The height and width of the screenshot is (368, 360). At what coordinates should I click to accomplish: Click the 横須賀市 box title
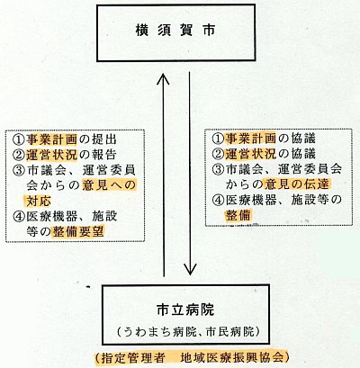(x=175, y=31)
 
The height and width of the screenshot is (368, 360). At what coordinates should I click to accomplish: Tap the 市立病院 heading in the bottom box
(x=185, y=310)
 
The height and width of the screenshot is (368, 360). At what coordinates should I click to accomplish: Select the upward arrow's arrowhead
(x=164, y=78)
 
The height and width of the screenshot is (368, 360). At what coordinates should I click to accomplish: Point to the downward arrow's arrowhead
(x=190, y=269)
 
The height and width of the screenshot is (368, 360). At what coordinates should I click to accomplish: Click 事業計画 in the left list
(x=51, y=139)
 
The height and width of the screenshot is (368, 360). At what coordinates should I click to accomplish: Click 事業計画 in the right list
(x=251, y=139)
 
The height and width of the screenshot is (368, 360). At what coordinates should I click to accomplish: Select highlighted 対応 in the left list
(x=39, y=201)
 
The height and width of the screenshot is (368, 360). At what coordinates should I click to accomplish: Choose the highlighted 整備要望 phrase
(x=78, y=231)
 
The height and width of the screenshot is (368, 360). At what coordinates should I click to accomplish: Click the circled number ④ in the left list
(x=19, y=216)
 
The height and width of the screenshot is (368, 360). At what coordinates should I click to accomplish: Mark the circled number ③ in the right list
(x=218, y=169)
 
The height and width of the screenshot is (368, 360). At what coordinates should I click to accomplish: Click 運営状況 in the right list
(x=251, y=154)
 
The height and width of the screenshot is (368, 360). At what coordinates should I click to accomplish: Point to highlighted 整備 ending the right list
(x=238, y=215)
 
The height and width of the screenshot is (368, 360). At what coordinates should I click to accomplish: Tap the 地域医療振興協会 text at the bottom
(x=232, y=357)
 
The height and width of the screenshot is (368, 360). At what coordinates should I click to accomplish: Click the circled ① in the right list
(x=218, y=139)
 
